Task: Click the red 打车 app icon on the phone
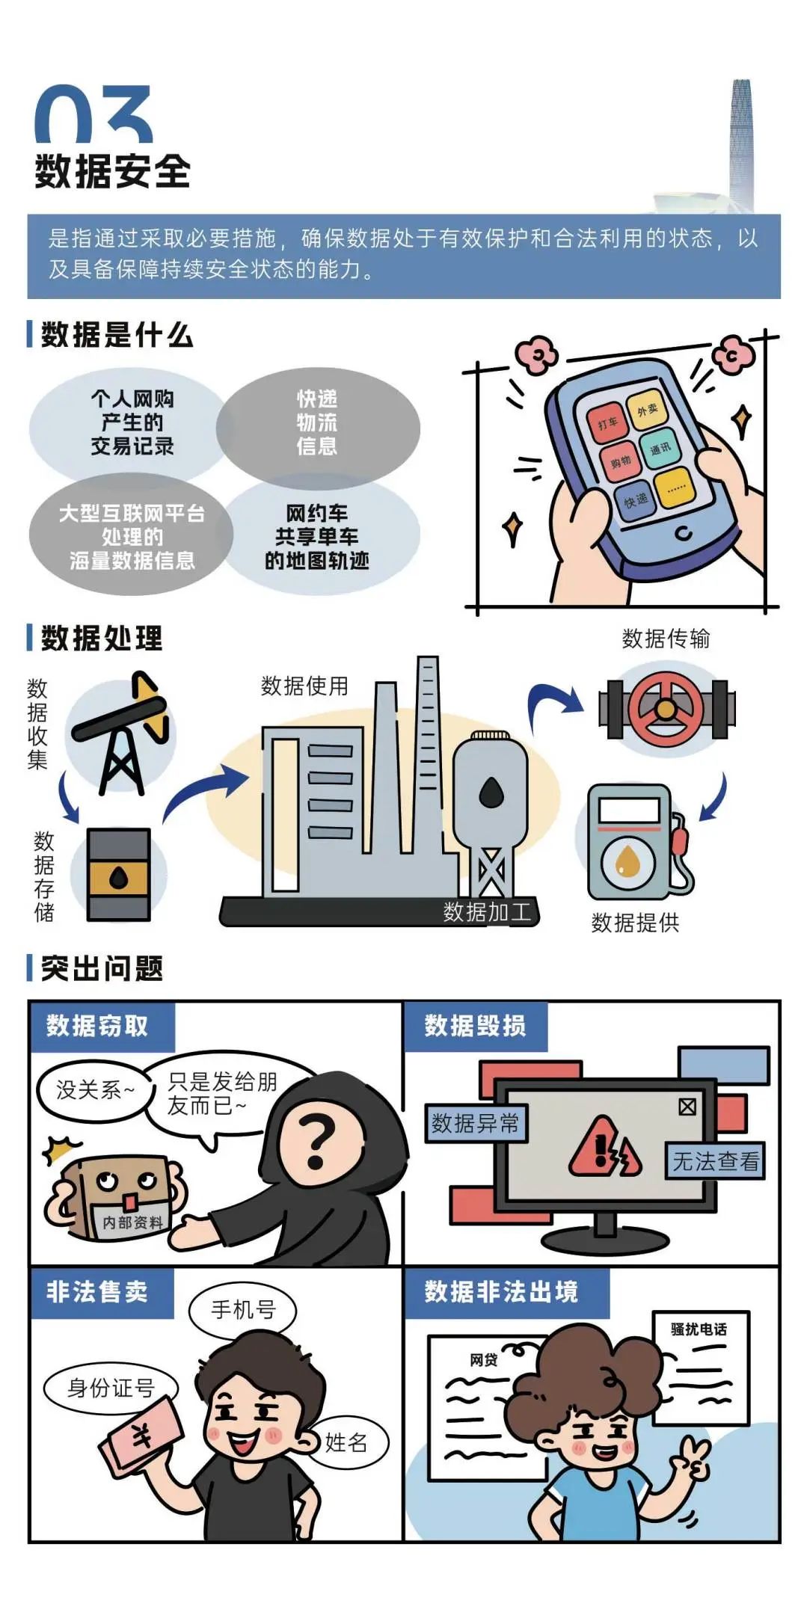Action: click(607, 423)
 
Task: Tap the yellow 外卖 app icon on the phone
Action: click(647, 409)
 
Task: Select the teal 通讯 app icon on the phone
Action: click(660, 449)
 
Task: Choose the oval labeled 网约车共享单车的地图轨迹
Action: click(317, 537)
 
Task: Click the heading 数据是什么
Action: click(117, 334)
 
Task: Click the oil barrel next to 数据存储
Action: click(119, 874)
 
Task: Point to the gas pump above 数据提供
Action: click(636, 842)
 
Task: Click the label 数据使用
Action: click(304, 686)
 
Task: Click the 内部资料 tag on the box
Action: click(132, 1222)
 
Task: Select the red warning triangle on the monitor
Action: click(604, 1147)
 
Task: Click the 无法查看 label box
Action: click(715, 1161)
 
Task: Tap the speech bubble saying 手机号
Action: click(243, 1310)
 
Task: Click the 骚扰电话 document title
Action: click(699, 1329)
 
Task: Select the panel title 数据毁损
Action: click(475, 1026)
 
